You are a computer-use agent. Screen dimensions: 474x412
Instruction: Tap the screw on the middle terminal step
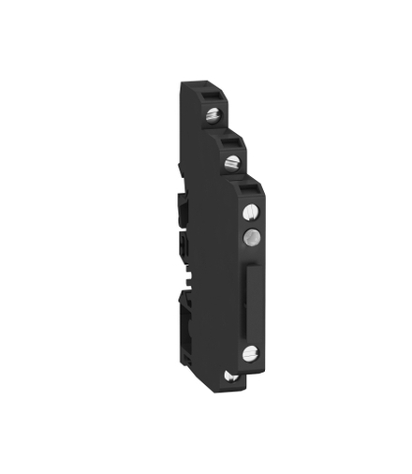pos(231,163)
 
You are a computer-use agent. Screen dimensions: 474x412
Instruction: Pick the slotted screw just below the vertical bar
pos(249,353)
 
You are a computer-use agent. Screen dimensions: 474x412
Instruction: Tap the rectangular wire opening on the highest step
pos(212,96)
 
